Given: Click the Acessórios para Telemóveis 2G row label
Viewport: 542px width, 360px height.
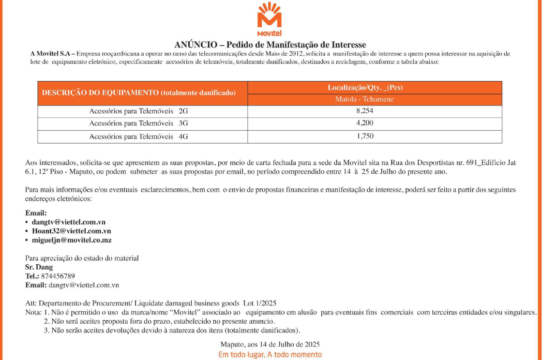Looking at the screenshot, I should click(138, 111).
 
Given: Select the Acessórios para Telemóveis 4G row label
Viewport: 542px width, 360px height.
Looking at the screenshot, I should click(138, 137).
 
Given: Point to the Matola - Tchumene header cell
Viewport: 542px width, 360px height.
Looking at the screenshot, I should click(364, 99).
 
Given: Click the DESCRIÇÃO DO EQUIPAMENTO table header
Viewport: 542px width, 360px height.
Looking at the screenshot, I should click(139, 92).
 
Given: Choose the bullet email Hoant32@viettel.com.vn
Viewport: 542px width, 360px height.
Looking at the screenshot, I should click(71, 231).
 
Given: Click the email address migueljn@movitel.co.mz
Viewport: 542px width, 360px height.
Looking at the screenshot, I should click(72, 240).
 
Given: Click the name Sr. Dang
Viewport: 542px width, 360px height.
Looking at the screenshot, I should click(39, 267).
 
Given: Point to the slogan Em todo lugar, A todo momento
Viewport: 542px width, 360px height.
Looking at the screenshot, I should click(270, 355).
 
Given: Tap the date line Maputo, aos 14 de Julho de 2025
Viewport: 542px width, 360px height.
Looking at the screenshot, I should click(270, 345).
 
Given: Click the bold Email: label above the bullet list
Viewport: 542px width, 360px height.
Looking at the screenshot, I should click(36, 213).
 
